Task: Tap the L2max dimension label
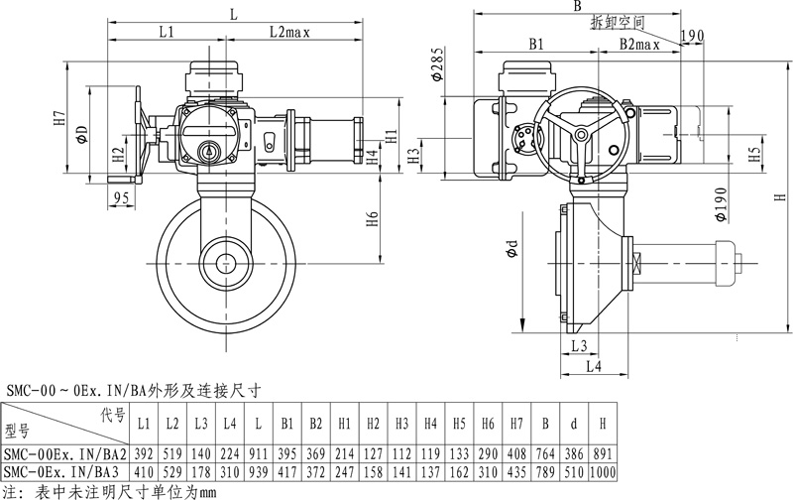289,33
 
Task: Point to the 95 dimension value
122,198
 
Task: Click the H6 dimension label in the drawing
372,219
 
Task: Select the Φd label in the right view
510,250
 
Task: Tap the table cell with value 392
143,451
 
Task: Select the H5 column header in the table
459,424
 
